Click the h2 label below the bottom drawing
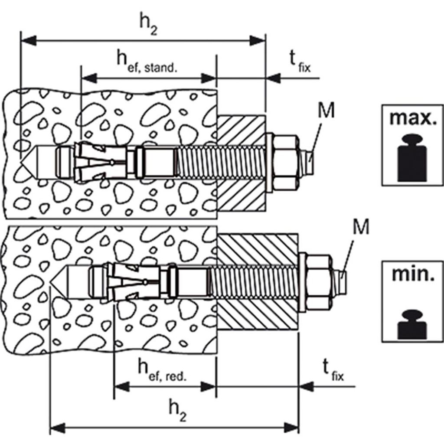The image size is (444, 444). [x=177, y=411]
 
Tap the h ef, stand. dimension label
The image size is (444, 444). [x=147, y=63]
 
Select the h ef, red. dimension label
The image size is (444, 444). [x=162, y=370]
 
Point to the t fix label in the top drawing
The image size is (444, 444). [x=300, y=62]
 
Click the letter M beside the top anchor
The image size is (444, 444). [x=326, y=110]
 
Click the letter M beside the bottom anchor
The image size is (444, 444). [x=361, y=227]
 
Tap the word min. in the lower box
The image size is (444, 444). [x=413, y=274]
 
